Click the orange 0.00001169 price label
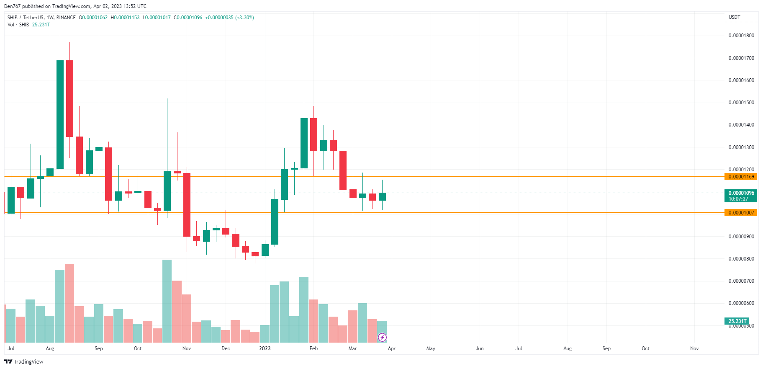[x=740, y=177]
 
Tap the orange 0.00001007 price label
[x=740, y=213]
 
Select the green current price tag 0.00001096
[x=740, y=193]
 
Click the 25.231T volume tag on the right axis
[x=737, y=321]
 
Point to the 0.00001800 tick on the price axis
[x=741, y=36]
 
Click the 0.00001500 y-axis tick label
[x=741, y=103]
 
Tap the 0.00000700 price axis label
[x=741, y=281]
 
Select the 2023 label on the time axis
[x=265, y=348]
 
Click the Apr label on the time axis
[x=391, y=348]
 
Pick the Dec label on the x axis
[x=226, y=348]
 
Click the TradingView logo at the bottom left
[x=24, y=361]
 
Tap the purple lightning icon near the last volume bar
[x=382, y=337]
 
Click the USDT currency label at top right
[x=734, y=17]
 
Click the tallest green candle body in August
[x=60, y=114]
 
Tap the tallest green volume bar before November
[x=167, y=301]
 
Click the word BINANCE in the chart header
[x=66, y=18]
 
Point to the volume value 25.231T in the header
[x=41, y=25]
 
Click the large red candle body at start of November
[x=187, y=204]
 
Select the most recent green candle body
[x=382, y=196]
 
